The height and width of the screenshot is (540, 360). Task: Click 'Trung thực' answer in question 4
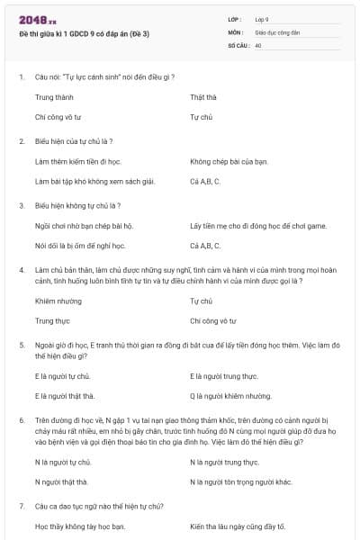pos(52,320)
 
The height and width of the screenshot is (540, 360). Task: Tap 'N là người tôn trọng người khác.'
pos(241,481)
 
